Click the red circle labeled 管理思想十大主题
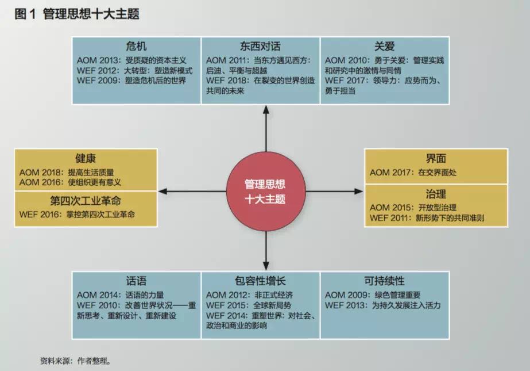[265, 192]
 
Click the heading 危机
[136, 46]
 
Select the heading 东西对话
[260, 46]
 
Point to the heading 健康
[85, 158]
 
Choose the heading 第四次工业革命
[85, 201]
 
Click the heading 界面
[436, 158]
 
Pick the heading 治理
[436, 193]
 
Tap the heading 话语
[136, 281]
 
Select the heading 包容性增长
[260, 281]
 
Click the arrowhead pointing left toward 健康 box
[163, 191]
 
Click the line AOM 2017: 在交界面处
[413, 172]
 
